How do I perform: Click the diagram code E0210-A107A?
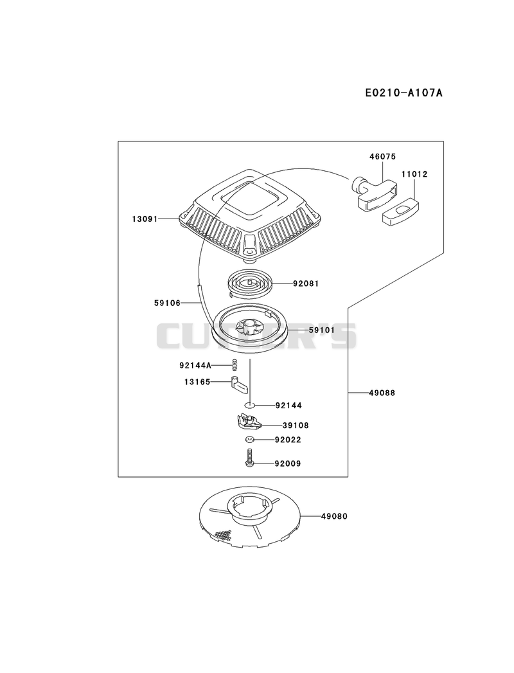[x=403, y=93]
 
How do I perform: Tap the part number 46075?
[x=383, y=157]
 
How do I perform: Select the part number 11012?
[x=414, y=174]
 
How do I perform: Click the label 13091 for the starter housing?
[x=145, y=219]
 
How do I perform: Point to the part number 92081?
[x=306, y=283]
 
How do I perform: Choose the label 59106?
[x=167, y=303]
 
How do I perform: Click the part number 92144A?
[x=195, y=366]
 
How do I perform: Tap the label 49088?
[x=382, y=393]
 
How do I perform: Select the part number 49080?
[x=334, y=516]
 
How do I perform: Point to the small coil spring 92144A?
[x=235, y=365]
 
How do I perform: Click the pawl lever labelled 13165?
[x=240, y=384]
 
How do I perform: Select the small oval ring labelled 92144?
[x=250, y=405]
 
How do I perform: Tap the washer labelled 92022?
[x=250, y=440]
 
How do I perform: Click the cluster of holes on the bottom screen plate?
[x=224, y=534]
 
